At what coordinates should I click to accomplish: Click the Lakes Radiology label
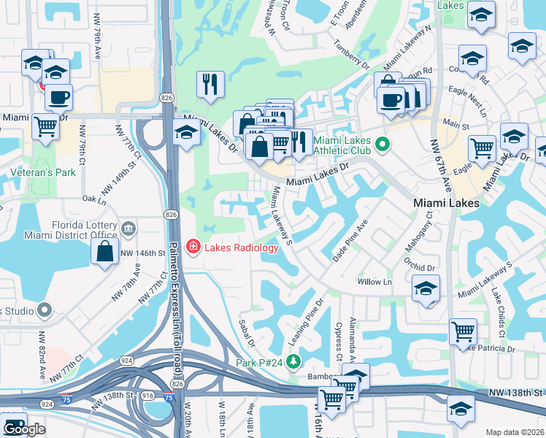241,247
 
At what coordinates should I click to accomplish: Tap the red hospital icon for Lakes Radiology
193,247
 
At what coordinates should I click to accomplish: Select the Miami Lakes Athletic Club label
343,145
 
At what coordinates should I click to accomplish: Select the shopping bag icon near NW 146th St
105,252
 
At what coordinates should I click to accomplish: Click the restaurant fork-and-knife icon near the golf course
210,85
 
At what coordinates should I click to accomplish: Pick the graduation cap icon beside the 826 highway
186,133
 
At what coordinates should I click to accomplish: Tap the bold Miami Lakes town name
446,202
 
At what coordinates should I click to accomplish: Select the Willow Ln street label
374,281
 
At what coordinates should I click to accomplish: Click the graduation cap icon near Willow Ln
426,288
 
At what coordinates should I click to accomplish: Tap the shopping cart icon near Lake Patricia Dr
463,332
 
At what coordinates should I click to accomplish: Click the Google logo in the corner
25,429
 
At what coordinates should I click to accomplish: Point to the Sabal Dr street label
246,332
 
